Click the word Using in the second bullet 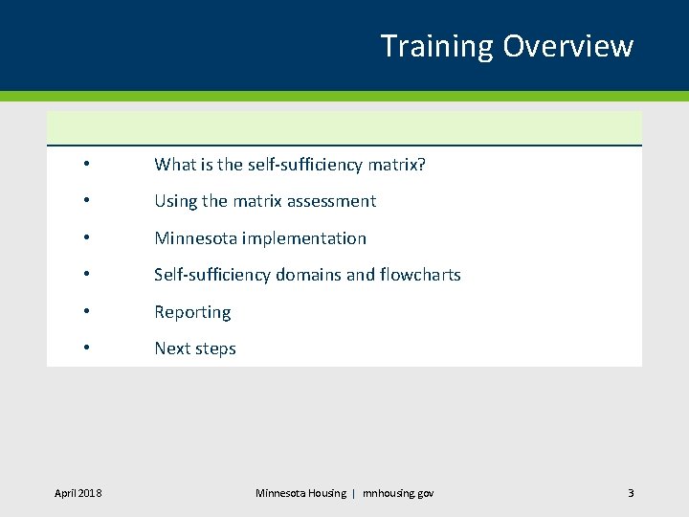coord(175,201)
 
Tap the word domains coord(308,275)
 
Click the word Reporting coord(192,312)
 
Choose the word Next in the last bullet coord(172,348)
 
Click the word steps coord(215,348)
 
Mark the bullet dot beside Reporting coord(86,312)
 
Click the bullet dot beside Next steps coord(86,348)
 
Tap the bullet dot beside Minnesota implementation coord(86,238)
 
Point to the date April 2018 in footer coord(78,493)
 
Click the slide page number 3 coord(631,493)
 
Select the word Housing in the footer coord(327,493)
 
